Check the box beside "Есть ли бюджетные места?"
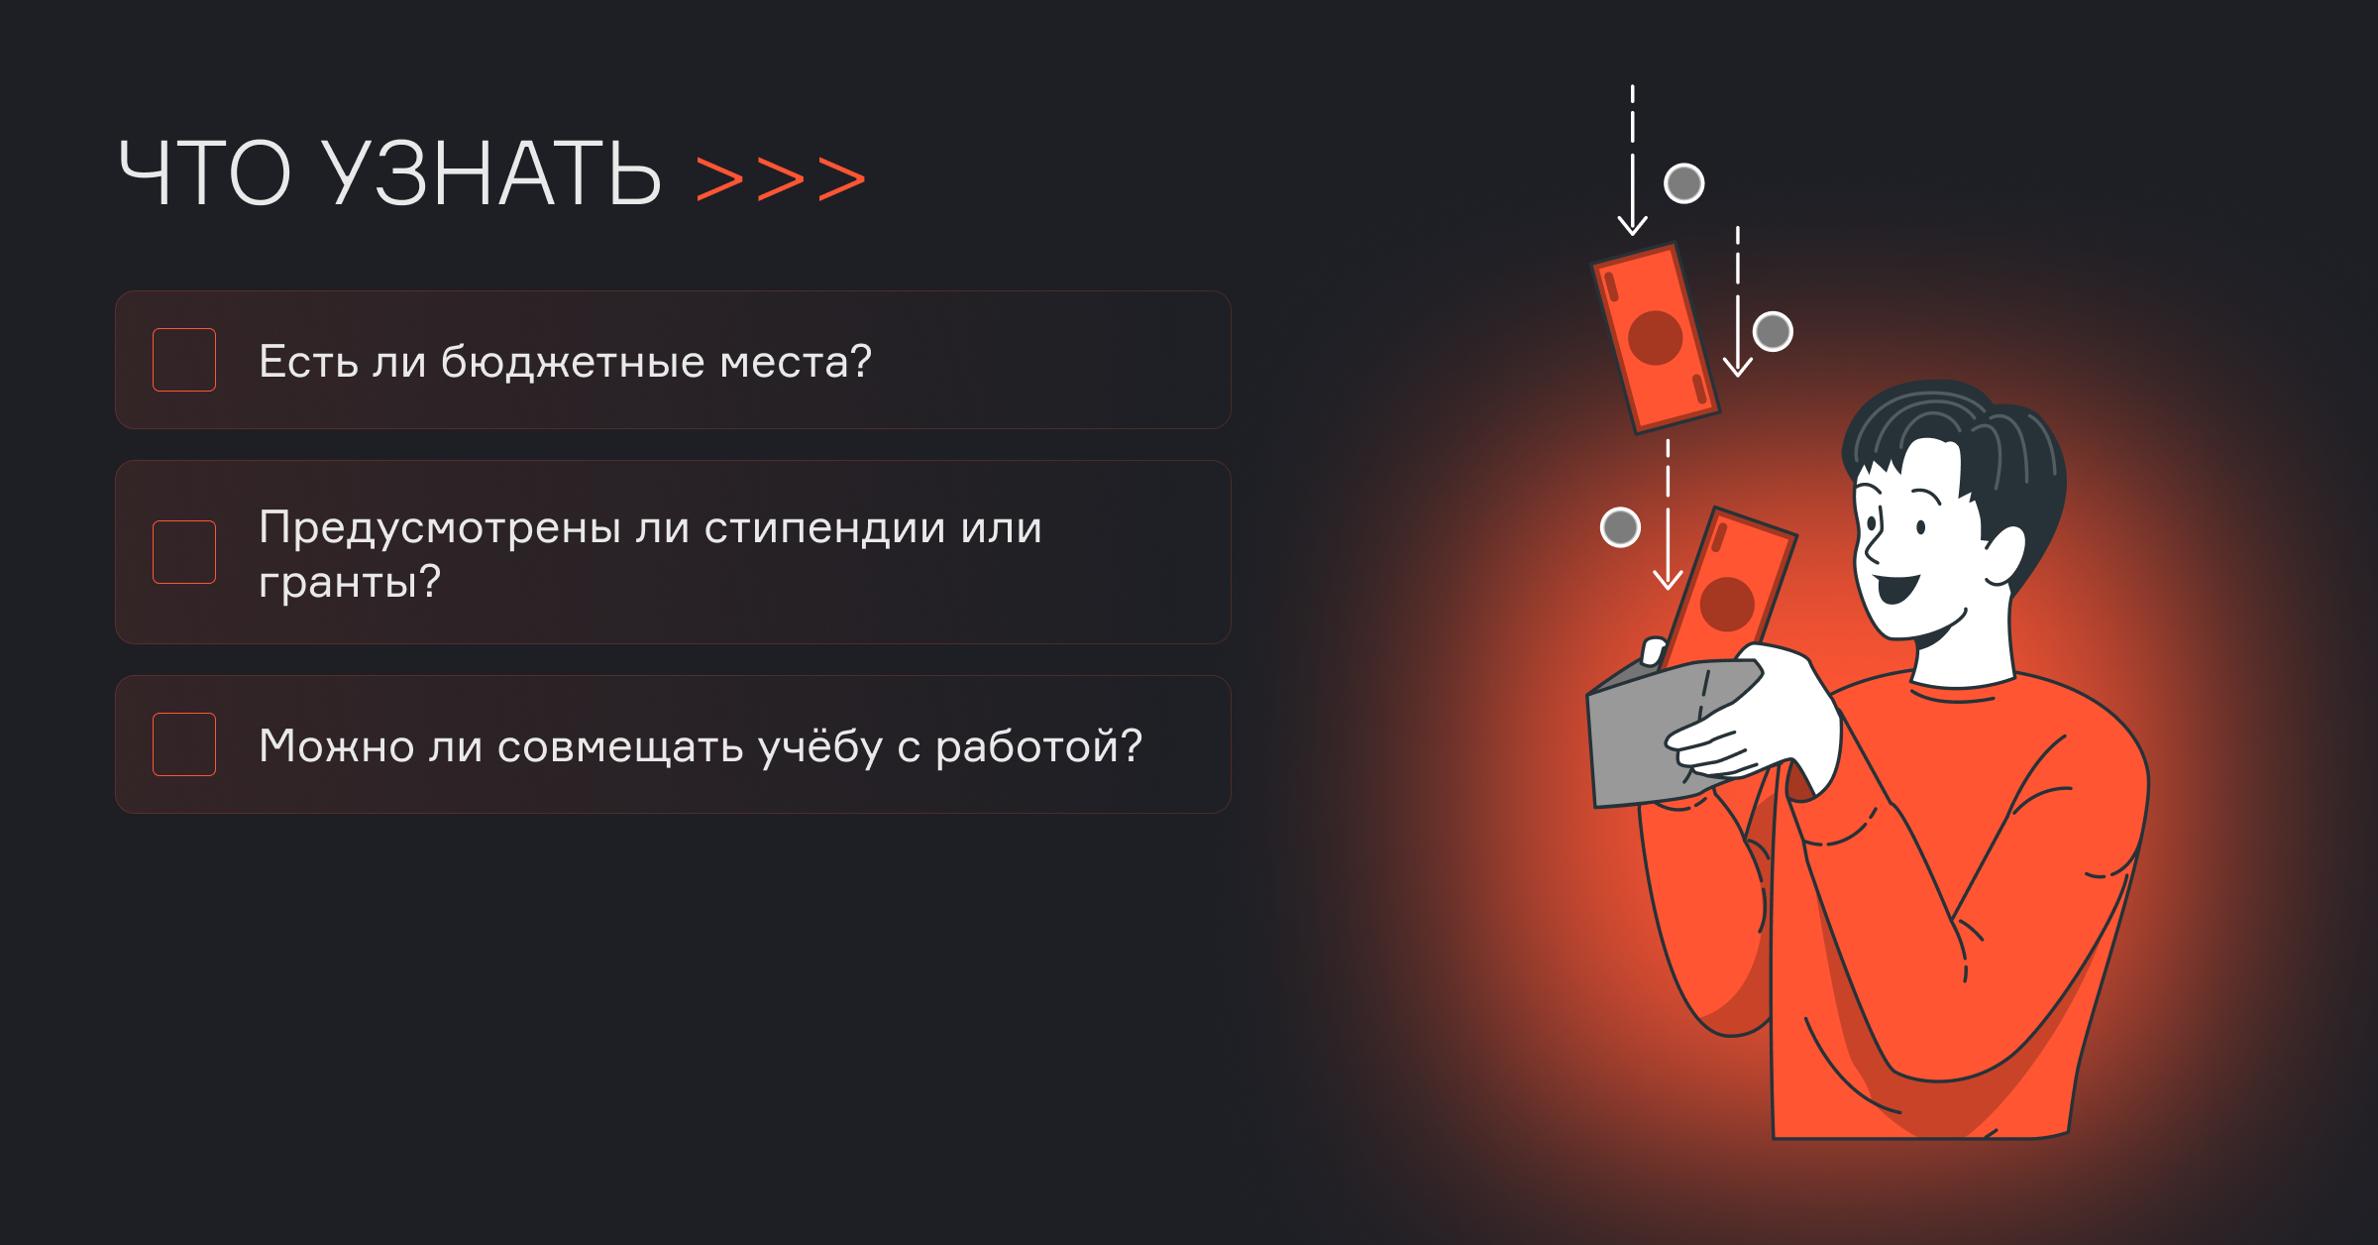[x=184, y=360]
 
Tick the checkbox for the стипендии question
[x=184, y=552]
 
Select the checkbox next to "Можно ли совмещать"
[x=184, y=744]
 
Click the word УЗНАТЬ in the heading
[x=492, y=173]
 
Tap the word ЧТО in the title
[x=204, y=173]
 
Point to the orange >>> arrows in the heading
[x=781, y=179]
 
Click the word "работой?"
[x=1038, y=746]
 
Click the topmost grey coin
[x=1684, y=183]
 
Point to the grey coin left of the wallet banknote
[x=1621, y=527]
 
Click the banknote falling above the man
[x=1655, y=338]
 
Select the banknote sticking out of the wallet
[x=1730, y=589]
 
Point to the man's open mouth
[x=1897, y=588]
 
